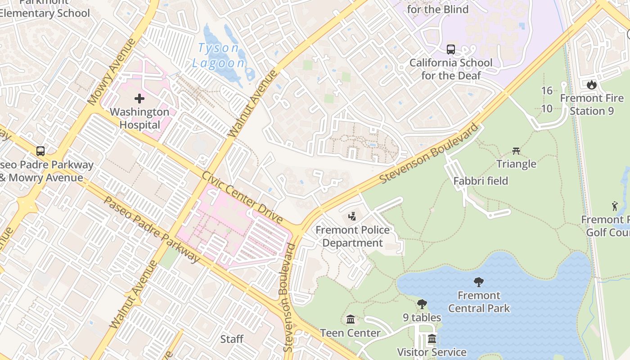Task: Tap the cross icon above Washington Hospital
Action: [139, 98]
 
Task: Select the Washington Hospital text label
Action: [139, 118]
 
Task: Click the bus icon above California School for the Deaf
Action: [450, 49]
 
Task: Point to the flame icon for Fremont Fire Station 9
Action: [591, 84]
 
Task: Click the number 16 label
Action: [547, 90]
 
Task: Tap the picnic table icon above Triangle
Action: [516, 151]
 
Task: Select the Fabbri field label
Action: [481, 181]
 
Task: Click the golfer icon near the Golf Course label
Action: [615, 206]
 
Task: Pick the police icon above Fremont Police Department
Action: [352, 216]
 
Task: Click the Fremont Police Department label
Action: [352, 237]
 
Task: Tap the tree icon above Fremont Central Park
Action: [479, 282]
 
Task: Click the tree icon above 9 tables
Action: [422, 304]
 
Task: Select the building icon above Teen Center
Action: [350, 319]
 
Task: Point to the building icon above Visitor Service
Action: [432, 338]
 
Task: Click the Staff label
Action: [232, 339]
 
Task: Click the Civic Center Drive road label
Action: [242, 197]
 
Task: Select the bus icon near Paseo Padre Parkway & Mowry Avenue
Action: [40, 151]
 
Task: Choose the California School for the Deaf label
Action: [450, 69]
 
